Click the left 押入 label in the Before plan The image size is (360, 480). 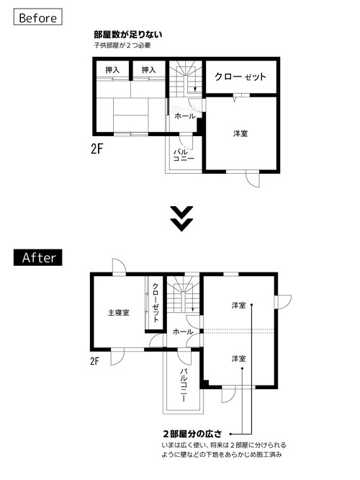click(112, 70)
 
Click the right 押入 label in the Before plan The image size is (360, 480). click(149, 70)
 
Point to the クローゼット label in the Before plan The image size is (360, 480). click(240, 76)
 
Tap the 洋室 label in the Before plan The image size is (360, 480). click(240, 133)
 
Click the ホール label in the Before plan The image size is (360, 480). click(184, 115)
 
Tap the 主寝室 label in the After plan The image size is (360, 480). click(119, 313)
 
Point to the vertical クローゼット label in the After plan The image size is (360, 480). click(156, 303)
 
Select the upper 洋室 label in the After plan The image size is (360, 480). click(238, 306)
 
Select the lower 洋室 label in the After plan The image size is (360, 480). click(238, 358)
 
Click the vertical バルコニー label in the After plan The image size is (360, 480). click(184, 383)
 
